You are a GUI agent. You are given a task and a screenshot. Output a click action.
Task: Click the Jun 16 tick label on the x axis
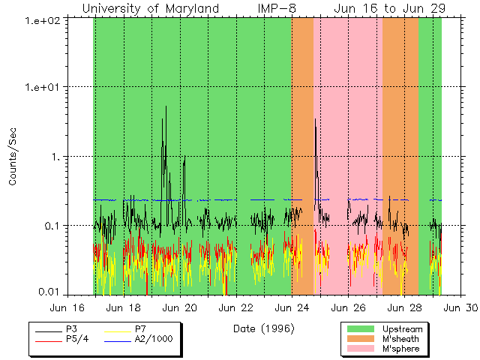[68, 307]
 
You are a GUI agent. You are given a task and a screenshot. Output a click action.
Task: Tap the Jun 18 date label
[124, 307]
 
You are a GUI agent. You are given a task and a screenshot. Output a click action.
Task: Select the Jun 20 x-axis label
[180, 307]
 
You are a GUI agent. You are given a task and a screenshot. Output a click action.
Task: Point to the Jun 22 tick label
[236, 307]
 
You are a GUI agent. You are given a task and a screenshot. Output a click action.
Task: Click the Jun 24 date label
[292, 307]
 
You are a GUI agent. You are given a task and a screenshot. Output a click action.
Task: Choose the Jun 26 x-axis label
[348, 307]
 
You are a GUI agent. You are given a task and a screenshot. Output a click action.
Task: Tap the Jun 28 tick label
[404, 307]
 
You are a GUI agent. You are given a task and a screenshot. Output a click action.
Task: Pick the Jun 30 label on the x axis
[460, 307]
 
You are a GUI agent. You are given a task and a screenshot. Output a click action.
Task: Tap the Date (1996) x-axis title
[263, 328]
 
